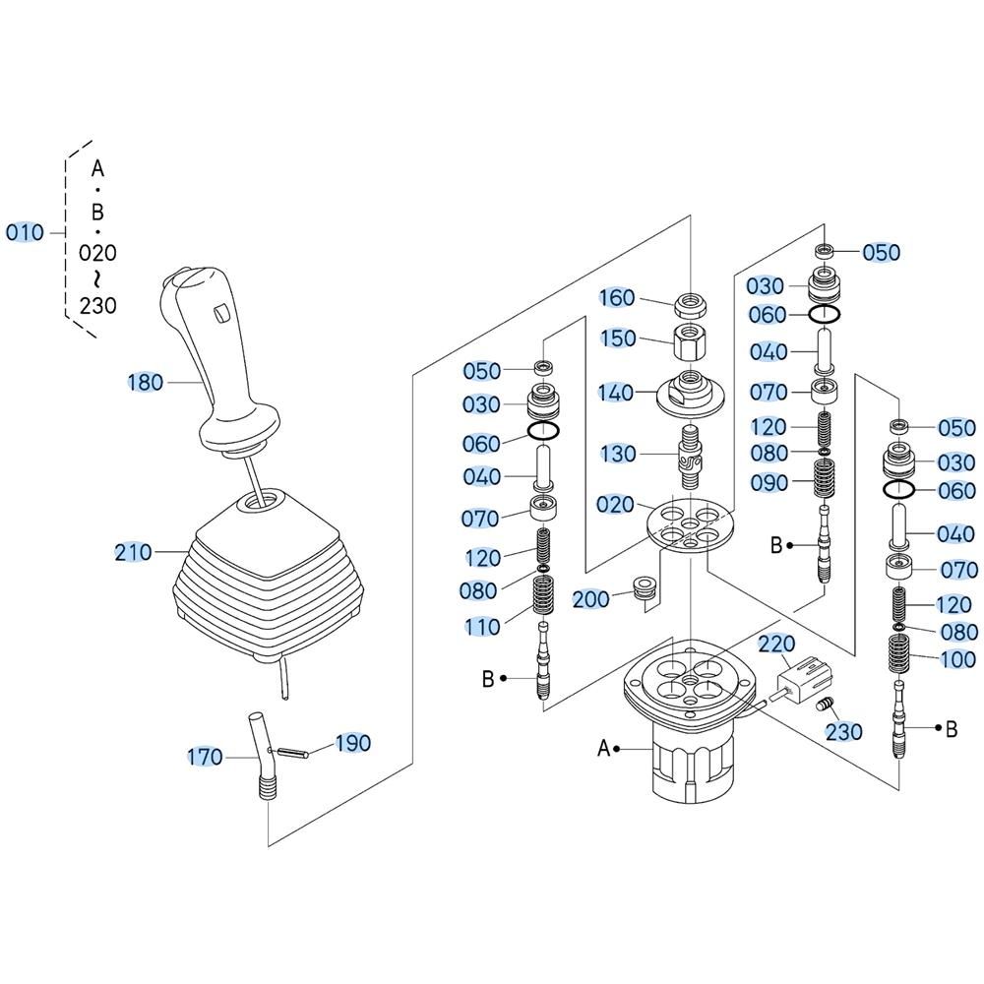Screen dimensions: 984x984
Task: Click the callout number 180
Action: pos(146,382)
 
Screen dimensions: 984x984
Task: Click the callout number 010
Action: pos(25,233)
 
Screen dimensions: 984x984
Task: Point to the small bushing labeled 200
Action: pos(645,588)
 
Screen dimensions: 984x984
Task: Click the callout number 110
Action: pos(482,626)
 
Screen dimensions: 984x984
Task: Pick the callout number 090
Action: pos(769,483)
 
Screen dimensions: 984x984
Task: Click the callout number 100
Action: pos(957,659)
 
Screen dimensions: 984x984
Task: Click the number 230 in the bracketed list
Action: pos(97,305)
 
